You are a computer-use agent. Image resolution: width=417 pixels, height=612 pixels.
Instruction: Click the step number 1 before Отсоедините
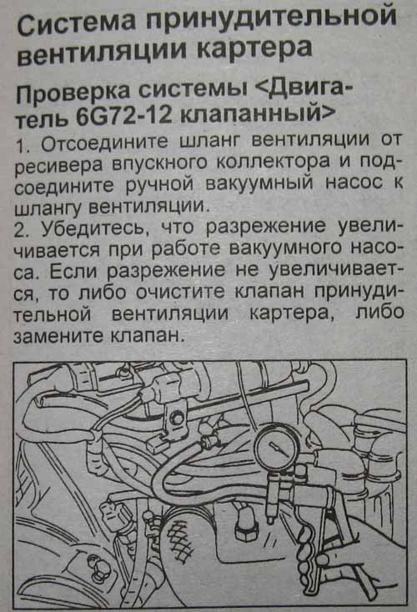point(22,146)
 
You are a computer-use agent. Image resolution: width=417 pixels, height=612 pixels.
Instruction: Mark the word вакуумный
point(259,183)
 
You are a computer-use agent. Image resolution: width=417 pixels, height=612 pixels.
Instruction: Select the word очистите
point(180,291)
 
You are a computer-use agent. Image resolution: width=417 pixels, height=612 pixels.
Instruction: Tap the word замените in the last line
point(58,337)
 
